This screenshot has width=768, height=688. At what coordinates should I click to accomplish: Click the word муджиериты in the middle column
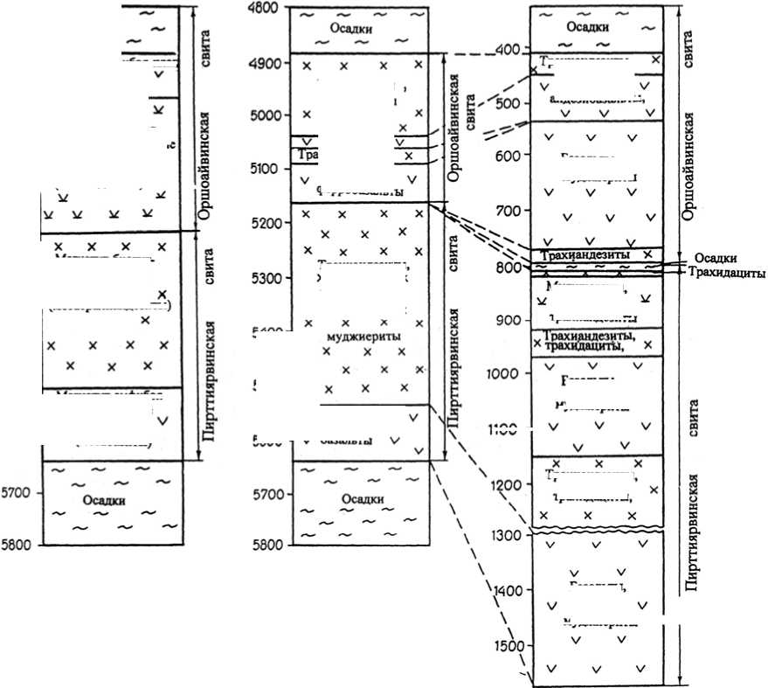point(356,333)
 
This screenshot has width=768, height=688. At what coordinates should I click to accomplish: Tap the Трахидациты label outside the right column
point(727,273)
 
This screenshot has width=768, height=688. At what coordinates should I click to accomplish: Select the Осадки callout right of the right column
point(716,258)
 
